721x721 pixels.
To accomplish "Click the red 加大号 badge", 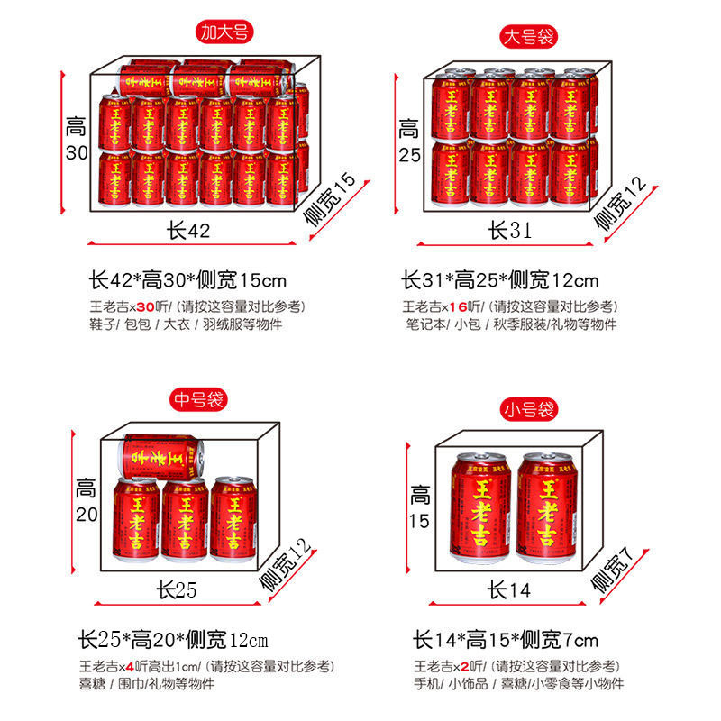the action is tap(225, 33).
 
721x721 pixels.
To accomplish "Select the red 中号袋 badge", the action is tap(197, 398).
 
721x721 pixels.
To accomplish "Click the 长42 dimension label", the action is tap(188, 231).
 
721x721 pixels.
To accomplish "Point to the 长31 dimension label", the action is tap(510, 231).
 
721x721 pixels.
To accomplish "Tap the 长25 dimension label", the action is tap(177, 590).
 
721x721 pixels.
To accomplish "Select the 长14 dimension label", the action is tap(510, 590).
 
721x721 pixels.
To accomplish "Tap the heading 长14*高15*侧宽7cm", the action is tap(505, 641).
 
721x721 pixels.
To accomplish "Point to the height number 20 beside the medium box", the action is tap(85, 515).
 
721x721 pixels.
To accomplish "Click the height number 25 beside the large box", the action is tap(410, 154).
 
